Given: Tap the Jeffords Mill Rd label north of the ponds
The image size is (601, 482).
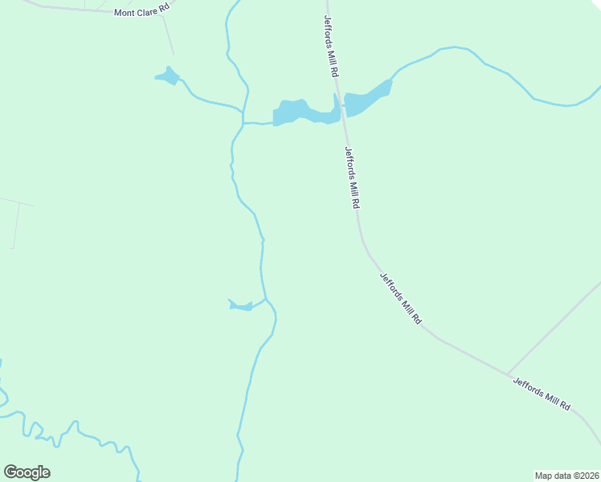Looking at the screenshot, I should [x=331, y=46].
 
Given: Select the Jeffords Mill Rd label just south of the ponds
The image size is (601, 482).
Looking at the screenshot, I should [x=350, y=178].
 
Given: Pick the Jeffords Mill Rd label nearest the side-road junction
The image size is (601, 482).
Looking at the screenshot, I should [x=542, y=394].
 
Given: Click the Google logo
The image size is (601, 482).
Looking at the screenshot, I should [x=27, y=472].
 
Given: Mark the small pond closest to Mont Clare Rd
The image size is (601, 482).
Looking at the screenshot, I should [x=168, y=77].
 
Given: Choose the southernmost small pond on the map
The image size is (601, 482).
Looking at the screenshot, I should [x=240, y=305].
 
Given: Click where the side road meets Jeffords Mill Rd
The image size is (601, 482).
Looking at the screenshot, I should [x=508, y=374].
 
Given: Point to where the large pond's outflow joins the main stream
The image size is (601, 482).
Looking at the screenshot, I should [x=243, y=123].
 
